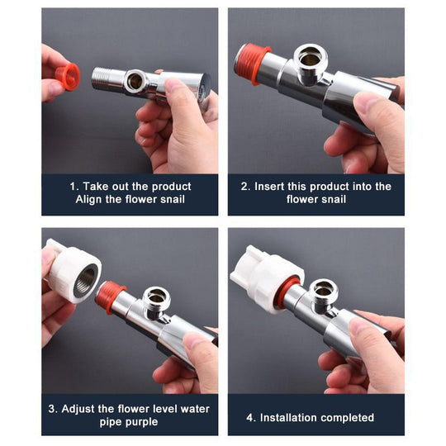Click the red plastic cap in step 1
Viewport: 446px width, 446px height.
pos(68,76)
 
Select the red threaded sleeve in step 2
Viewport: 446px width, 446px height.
pos(250,63)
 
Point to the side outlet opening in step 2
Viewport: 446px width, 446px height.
pos(311,58)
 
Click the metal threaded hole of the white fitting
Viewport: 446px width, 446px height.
pos(86,280)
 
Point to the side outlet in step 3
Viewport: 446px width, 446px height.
pos(156,299)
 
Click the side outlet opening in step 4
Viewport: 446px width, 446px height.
pos(324,290)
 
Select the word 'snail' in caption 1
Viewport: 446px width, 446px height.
pos(173,199)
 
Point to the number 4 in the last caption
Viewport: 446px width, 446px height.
pos(249,418)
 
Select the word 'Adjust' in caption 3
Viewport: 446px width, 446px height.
pos(78,410)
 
